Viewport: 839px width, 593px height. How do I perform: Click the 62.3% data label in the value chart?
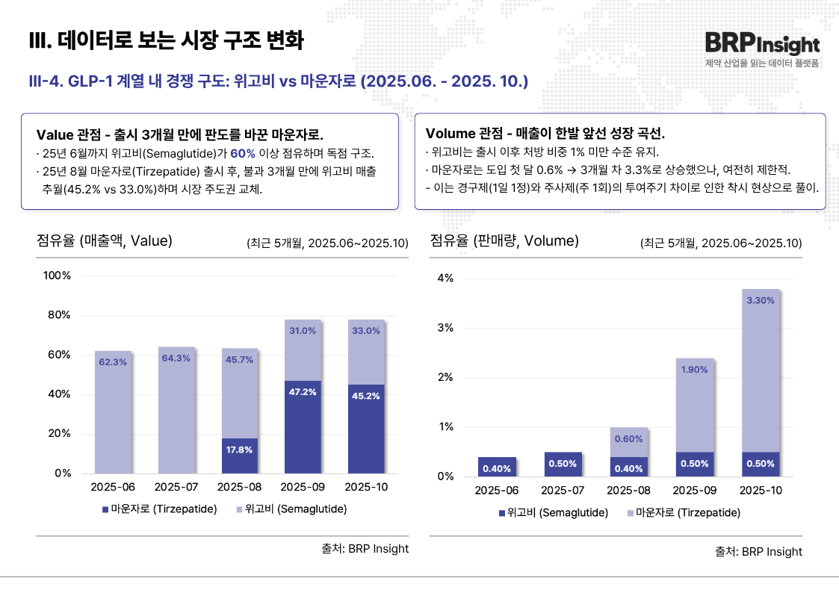112,362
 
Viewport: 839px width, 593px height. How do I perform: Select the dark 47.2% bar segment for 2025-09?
303,426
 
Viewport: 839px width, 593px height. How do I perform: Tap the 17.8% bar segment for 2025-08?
239,455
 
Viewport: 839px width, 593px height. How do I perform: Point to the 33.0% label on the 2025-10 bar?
366,331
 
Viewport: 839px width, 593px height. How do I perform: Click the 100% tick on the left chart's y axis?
57,276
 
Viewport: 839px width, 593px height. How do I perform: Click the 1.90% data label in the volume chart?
695,370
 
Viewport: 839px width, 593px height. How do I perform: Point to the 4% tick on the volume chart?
445,279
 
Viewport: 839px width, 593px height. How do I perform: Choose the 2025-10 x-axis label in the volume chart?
761,491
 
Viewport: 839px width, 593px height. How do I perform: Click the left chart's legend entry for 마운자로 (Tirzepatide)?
159,509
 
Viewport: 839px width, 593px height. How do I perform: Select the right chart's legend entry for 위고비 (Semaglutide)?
553,513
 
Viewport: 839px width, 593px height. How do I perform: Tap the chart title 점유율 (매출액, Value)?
105,240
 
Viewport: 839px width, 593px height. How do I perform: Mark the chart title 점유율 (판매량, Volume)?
504,240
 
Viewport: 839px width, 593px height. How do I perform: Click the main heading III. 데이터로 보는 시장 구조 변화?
165,40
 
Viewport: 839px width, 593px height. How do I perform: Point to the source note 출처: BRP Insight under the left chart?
365,548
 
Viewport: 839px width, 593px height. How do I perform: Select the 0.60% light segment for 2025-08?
629,439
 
